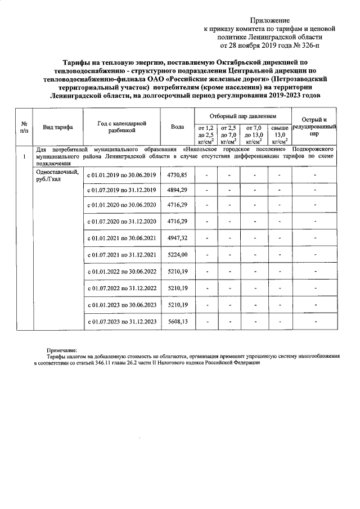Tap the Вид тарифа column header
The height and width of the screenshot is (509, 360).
58,128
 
